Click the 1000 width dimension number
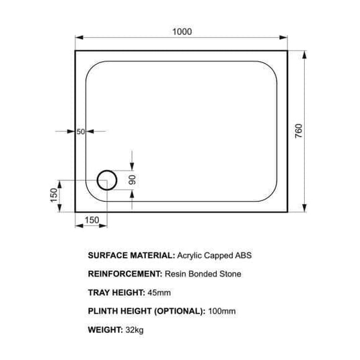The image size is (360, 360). point(182,32)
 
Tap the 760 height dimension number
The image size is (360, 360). point(299,131)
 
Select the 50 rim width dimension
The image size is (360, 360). point(81,132)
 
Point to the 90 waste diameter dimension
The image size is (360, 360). point(133,180)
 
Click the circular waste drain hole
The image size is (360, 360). point(107,171)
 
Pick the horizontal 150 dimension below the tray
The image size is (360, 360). point(92,220)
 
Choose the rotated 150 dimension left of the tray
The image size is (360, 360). point(53,195)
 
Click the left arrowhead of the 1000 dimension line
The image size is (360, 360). point(79,38)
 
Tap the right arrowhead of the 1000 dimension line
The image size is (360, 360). point(283,38)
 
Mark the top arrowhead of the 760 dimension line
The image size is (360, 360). point(304,55)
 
